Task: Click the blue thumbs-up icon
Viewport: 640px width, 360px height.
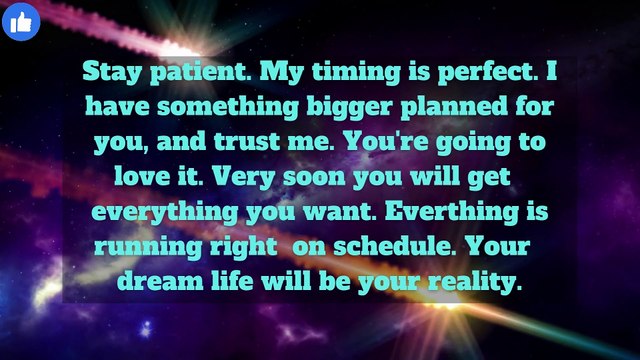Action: tap(20, 21)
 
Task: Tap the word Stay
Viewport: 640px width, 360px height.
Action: tap(108, 73)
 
